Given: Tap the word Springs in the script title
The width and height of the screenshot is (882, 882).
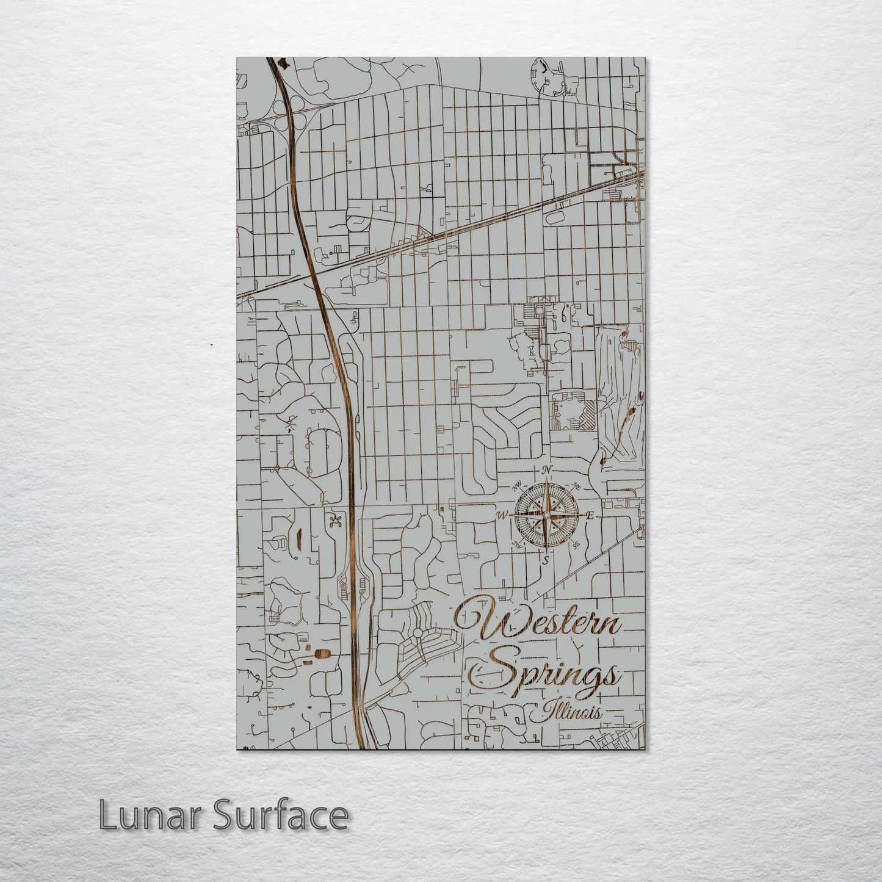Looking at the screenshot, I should [x=546, y=674].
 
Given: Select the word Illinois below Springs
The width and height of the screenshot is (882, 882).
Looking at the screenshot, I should [x=566, y=712].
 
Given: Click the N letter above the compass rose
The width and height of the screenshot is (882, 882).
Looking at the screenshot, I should [x=547, y=469].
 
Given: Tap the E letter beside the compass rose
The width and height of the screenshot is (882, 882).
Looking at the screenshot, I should [x=590, y=516].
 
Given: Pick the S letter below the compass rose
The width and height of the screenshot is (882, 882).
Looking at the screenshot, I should [x=546, y=559].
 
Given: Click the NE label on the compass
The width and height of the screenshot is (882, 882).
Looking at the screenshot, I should [x=576, y=486].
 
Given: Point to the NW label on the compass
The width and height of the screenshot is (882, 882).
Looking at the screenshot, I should [x=517, y=486].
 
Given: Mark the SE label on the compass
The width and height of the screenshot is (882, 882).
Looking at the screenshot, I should [x=576, y=545].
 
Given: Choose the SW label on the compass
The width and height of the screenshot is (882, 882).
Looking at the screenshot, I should [x=518, y=545].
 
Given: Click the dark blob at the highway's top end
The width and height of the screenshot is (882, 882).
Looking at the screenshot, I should [x=281, y=62].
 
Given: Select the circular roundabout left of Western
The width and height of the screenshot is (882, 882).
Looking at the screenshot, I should [x=418, y=633].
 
